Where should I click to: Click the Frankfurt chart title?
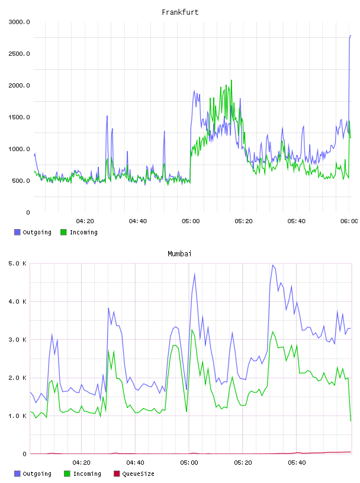pos(180,12)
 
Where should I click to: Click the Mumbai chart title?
pos(179,253)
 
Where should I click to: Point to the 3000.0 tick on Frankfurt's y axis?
pos(19,22)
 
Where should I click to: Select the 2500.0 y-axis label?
pos(19,54)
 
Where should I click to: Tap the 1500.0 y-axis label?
pos(19,117)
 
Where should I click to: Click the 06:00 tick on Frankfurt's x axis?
pos(349,221)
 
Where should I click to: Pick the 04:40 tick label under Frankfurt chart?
pos(138,221)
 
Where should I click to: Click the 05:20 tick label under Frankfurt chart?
pos(243,221)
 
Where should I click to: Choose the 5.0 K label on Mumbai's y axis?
pos(17,263)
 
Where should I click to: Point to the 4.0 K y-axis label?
pos(17,301)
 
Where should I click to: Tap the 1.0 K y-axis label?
pos(17,416)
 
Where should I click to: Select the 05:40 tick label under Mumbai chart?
pos(297,462)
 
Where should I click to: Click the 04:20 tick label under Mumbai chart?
pos(81,462)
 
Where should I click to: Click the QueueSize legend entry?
pos(134,474)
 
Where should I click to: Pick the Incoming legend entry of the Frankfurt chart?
pos(79,232)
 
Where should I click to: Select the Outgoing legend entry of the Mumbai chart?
pos(33,474)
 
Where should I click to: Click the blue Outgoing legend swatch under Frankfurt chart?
pos(17,232)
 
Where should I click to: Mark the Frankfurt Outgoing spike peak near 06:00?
pos(351,36)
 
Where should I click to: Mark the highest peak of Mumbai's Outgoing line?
pos(272,265)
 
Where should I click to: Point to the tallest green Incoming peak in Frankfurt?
pos(232,80)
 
